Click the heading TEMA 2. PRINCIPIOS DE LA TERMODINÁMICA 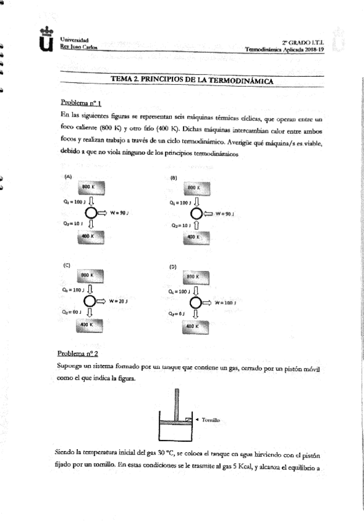(192, 80)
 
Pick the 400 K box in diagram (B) (194, 237)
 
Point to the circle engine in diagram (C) (90, 301)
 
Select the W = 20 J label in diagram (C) (117, 301)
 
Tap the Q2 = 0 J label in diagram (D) (178, 314)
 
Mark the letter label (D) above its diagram (173, 267)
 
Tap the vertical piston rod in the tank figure (177, 402)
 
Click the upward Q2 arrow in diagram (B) (196, 226)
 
